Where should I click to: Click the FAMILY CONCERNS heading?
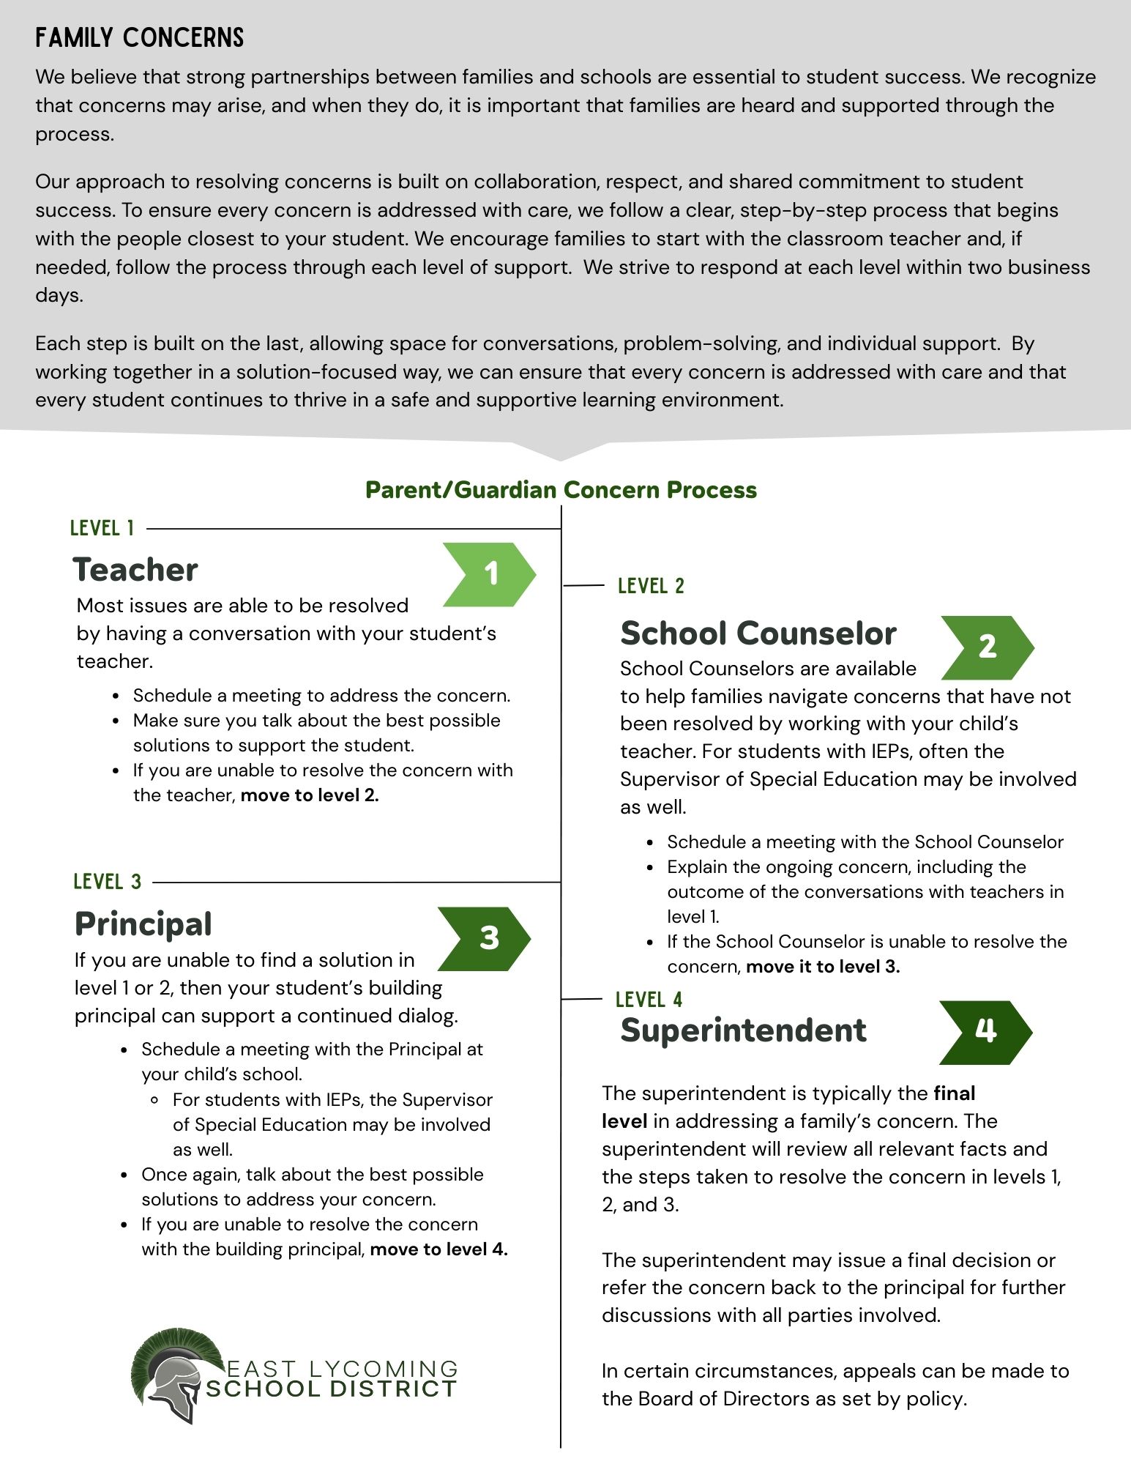pyautogui.click(x=139, y=38)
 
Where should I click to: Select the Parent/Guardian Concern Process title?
pyautogui.click(x=561, y=489)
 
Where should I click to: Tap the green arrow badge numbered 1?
pyautogui.click(x=489, y=574)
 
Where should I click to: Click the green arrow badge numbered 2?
pyautogui.click(x=987, y=647)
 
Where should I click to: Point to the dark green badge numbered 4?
pyautogui.click(x=985, y=1032)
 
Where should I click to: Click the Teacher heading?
pyautogui.click(x=135, y=570)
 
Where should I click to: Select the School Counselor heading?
pyautogui.click(x=758, y=633)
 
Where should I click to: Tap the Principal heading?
pyautogui.click(x=143, y=924)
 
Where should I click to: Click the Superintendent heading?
pyautogui.click(x=743, y=1030)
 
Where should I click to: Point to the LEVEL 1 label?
pyautogui.click(x=102, y=528)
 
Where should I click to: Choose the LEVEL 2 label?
pyautogui.click(x=651, y=586)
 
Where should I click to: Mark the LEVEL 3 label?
pyautogui.click(x=107, y=882)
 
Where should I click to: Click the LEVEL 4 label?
pyautogui.click(x=649, y=1000)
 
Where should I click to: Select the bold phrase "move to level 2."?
pyautogui.click(x=310, y=795)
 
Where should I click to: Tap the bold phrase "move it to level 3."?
pyautogui.click(x=823, y=967)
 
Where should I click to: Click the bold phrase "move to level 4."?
pyautogui.click(x=438, y=1249)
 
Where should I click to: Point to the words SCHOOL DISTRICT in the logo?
pyautogui.click(x=331, y=1389)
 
